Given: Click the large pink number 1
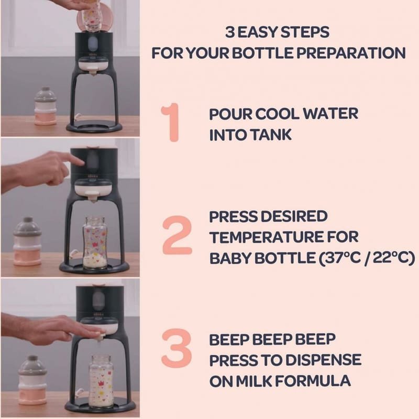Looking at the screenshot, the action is (171, 123).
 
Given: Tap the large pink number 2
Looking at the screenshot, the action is (177, 235).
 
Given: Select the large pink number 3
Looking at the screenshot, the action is (177, 348).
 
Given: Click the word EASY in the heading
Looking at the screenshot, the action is (257, 32).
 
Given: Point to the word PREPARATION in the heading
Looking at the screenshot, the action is (351, 53).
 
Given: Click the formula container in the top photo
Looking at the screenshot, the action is (46, 106).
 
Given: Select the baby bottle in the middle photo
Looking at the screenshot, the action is (94, 242).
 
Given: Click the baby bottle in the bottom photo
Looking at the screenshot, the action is (101, 381).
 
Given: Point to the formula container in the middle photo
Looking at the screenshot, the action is (27, 241).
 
